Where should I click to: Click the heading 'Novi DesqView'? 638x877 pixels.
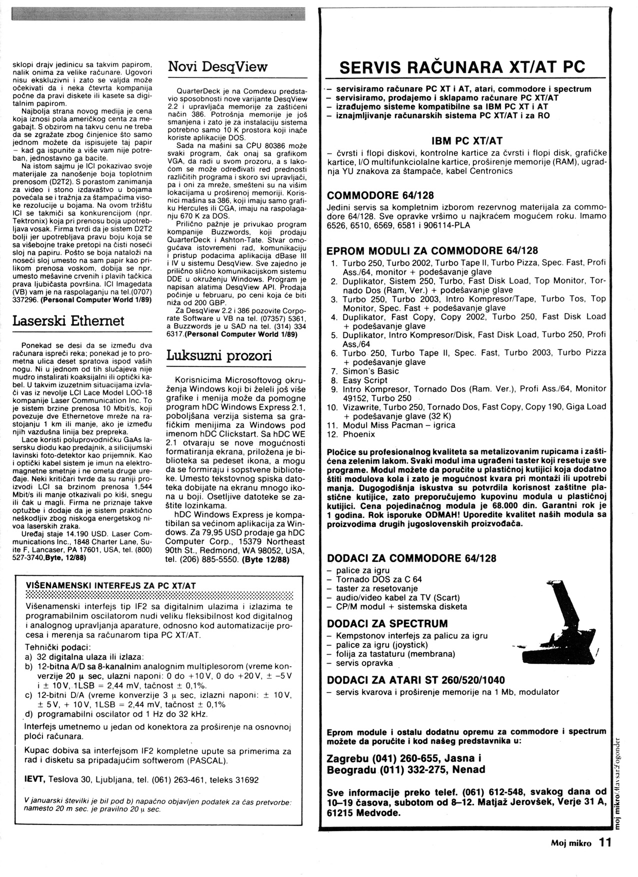217,67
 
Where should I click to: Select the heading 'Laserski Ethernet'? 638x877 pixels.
68,320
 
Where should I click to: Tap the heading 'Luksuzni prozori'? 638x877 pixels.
219,355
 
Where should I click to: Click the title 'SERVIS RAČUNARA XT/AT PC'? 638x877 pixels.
462,67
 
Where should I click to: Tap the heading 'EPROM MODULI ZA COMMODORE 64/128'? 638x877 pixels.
432,250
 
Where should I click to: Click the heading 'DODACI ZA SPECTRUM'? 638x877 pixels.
387,623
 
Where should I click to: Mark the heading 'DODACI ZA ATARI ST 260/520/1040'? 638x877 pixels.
415,680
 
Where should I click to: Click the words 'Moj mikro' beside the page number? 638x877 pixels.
571,843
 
